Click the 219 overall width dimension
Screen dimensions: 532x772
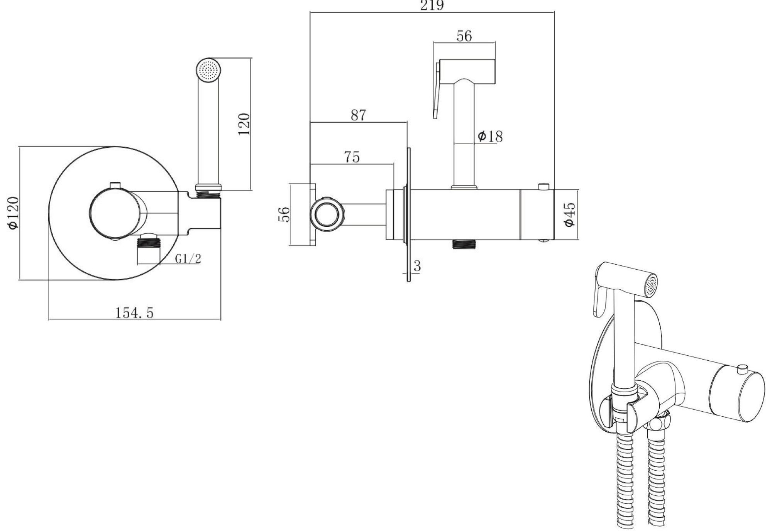(x=432, y=5)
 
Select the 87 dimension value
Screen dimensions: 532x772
(x=358, y=115)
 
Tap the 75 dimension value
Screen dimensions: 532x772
(x=351, y=157)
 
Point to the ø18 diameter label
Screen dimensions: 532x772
(x=490, y=137)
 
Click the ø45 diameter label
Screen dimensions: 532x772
(x=569, y=214)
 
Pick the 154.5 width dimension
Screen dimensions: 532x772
(x=134, y=312)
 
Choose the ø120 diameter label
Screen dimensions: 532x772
(x=14, y=213)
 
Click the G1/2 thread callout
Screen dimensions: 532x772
(x=188, y=258)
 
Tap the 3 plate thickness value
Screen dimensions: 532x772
(x=417, y=266)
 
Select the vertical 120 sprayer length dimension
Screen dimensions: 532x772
(x=244, y=124)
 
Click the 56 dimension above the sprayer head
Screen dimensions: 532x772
(x=464, y=36)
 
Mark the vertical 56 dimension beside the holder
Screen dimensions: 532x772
(x=284, y=214)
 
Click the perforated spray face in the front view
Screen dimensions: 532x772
(x=208, y=70)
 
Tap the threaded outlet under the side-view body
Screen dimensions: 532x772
(x=465, y=244)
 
